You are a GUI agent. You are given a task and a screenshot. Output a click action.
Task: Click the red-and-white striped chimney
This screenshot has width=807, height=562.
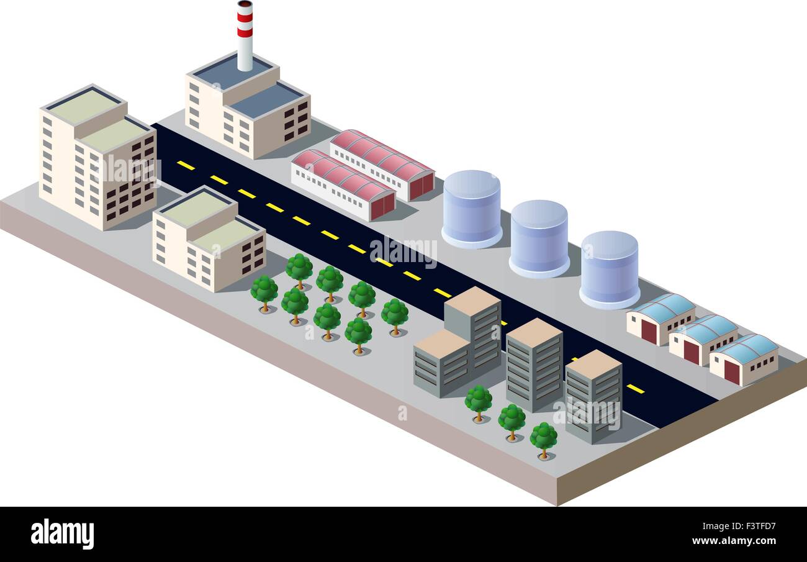tap(245, 36)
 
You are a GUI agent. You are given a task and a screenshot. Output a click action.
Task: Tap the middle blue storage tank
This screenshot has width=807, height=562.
tap(539, 238)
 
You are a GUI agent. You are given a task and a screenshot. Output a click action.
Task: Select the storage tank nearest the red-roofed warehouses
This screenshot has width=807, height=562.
tap(472, 209)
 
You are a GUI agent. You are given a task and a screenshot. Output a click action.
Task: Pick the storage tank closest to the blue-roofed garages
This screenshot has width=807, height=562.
tap(609, 270)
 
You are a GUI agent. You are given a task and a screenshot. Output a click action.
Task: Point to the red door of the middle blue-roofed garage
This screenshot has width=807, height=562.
tap(691, 353)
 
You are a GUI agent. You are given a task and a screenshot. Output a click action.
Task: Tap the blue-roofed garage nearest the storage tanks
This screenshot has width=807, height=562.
tap(660, 319)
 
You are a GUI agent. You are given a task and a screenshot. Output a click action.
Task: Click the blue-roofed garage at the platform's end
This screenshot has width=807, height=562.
tap(744, 360)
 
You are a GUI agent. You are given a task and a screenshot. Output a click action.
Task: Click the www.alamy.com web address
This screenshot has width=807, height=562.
tap(734, 541)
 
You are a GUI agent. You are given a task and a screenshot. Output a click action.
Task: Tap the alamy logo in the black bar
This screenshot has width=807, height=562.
tap(62, 533)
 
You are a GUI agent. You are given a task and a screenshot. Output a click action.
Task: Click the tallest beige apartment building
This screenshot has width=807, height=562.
tap(97, 157)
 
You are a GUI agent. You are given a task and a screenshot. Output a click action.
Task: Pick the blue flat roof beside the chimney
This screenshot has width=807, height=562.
tap(265, 101)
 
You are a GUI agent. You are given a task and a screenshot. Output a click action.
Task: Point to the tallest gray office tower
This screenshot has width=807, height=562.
tap(472, 330)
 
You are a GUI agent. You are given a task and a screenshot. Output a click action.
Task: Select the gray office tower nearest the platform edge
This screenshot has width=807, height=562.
tap(593, 397)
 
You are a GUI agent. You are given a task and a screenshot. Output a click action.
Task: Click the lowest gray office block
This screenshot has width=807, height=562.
tap(442, 364)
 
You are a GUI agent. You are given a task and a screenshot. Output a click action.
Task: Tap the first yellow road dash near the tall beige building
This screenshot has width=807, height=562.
tap(186, 165)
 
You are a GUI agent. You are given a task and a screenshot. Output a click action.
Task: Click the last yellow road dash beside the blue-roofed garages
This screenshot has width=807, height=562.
tap(636, 388)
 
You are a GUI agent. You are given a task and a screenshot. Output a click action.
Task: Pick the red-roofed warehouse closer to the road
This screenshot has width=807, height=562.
tap(343, 185)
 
